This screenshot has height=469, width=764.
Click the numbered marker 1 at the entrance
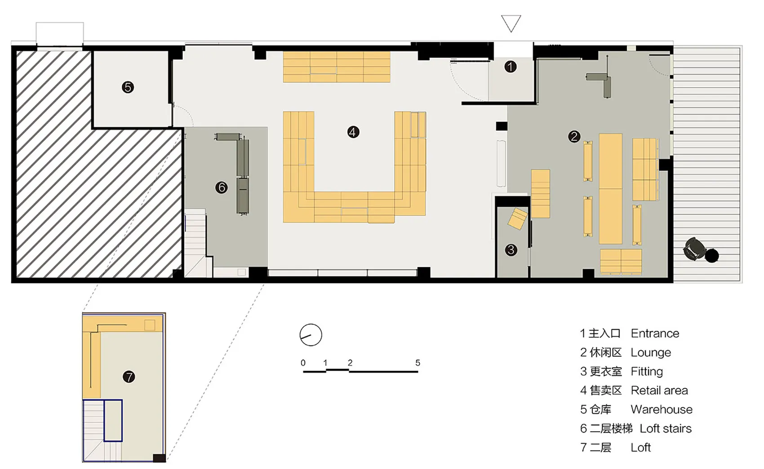(x=510, y=67)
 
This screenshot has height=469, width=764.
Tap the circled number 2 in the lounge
(x=574, y=137)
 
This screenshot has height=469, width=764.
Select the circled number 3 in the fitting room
(x=511, y=250)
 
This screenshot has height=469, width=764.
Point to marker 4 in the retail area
(x=353, y=132)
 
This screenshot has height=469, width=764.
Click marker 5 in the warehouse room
(x=128, y=88)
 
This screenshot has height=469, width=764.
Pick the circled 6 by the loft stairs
(x=222, y=187)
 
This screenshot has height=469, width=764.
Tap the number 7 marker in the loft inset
(x=129, y=377)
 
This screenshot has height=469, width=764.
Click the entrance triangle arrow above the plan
(x=511, y=23)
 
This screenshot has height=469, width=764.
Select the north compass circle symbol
(x=311, y=335)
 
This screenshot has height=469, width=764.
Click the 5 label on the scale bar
(x=418, y=363)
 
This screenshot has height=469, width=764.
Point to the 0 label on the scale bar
(x=303, y=363)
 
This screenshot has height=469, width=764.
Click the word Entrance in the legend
(x=655, y=333)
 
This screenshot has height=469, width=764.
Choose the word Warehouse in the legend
(x=662, y=409)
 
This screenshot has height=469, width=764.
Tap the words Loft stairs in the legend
(x=666, y=429)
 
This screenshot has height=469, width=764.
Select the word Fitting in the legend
(x=647, y=372)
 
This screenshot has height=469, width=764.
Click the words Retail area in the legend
(x=659, y=390)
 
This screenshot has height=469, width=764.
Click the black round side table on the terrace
(x=711, y=256)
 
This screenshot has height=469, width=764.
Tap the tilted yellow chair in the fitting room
(x=518, y=219)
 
